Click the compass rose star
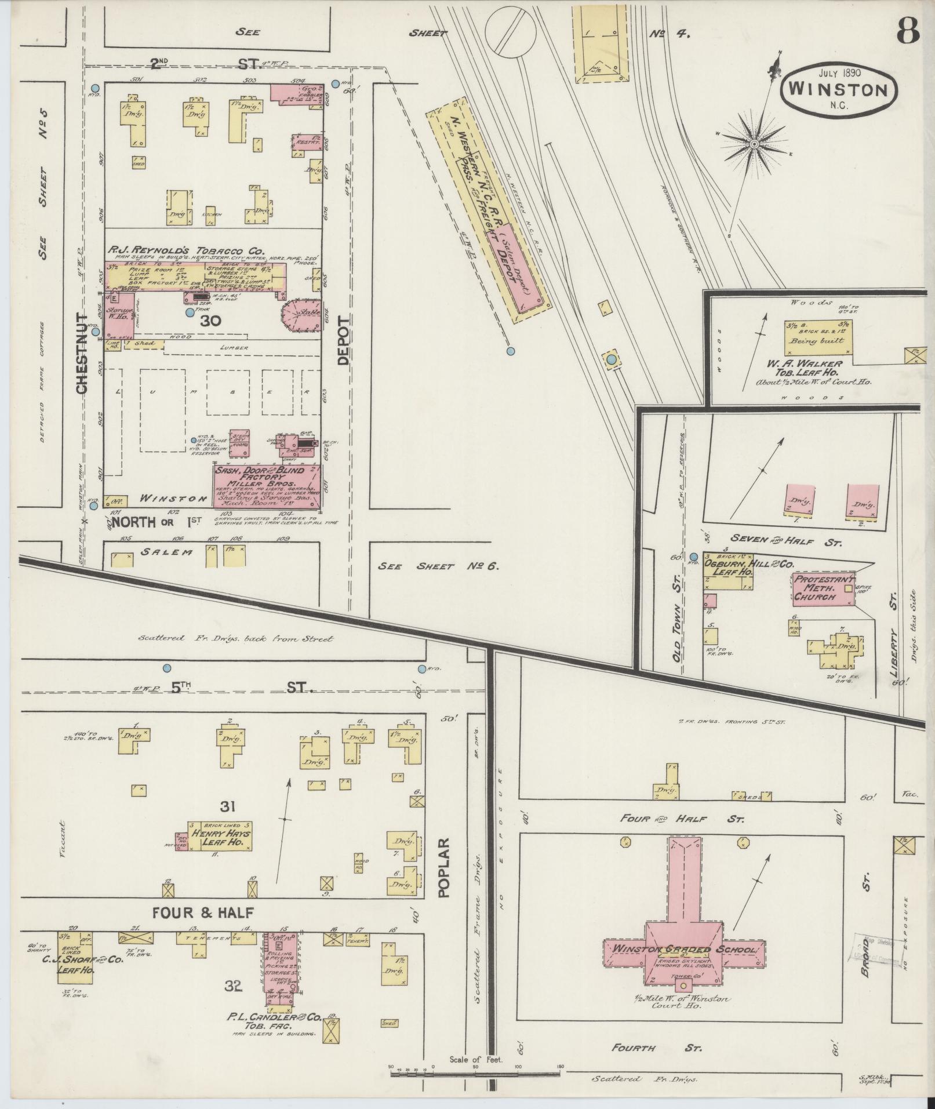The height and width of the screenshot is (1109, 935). (754, 143)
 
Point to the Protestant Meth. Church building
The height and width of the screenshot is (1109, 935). (823, 588)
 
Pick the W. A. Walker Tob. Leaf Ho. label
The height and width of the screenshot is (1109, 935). (800, 368)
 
